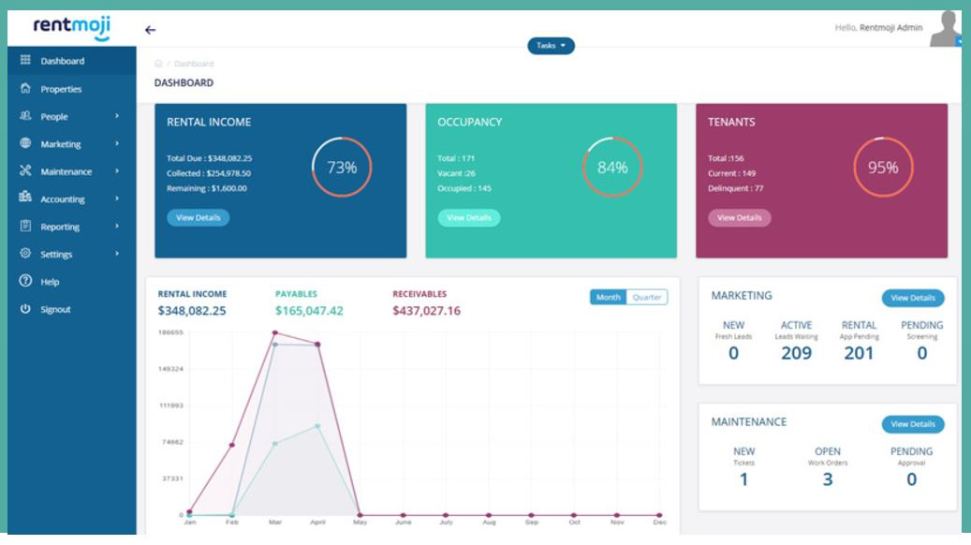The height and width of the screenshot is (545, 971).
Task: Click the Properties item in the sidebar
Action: [61, 89]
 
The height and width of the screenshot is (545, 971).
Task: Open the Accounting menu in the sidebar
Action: [63, 199]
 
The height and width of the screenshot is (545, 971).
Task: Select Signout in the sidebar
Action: [55, 310]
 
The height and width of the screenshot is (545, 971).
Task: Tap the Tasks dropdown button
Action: [551, 46]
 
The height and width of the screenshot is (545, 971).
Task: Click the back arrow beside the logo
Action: [150, 30]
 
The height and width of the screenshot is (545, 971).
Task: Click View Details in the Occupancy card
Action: [469, 218]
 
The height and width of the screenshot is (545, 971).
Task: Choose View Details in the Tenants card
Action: [739, 218]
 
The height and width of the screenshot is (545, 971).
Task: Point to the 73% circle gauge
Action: [341, 168]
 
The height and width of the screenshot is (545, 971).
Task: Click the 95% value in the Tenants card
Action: [882, 168]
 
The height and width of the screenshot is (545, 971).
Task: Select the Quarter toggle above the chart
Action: [647, 298]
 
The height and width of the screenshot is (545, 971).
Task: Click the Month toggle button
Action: [609, 298]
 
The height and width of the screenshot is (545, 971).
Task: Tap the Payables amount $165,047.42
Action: [309, 311]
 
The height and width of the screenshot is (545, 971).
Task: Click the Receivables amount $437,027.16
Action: [426, 311]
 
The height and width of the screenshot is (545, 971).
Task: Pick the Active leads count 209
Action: [797, 353]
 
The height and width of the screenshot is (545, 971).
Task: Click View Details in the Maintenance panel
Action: [913, 424]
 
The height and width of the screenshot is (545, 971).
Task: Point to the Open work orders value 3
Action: [827, 479]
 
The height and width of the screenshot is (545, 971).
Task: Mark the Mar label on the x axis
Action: [274, 523]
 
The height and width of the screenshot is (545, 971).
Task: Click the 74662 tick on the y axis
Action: [169, 442]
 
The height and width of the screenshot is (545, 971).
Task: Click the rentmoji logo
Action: [71, 28]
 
